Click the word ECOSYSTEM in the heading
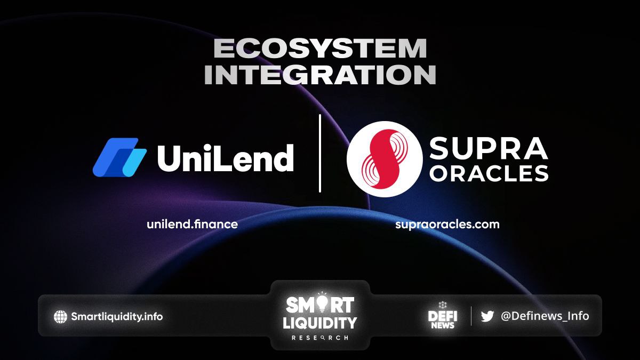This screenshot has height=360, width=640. click(x=320, y=49)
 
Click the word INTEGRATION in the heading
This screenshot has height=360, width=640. click(x=320, y=75)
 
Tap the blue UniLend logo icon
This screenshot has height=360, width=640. click(x=119, y=157)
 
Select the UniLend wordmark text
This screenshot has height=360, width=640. click(x=226, y=157)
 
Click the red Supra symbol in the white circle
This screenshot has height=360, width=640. click(x=385, y=159)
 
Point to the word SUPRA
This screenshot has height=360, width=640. click(x=489, y=148)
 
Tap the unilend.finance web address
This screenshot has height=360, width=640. click(x=193, y=225)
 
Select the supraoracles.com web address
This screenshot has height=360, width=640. click(x=447, y=225)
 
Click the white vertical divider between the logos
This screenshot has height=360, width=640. click(x=320, y=154)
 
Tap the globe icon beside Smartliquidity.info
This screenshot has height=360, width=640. click(x=60, y=317)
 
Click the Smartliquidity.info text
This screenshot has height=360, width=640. click(x=117, y=317)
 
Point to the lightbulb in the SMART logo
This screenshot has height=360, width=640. click(x=322, y=303)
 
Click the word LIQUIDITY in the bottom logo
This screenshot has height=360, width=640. click(x=319, y=323)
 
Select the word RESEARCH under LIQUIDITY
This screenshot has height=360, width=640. click(x=319, y=338)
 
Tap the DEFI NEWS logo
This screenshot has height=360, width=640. click(x=443, y=316)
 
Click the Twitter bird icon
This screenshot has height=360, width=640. click(x=487, y=316)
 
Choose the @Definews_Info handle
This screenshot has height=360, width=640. click(x=545, y=316)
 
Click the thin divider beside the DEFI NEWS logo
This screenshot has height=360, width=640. click(x=471, y=316)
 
